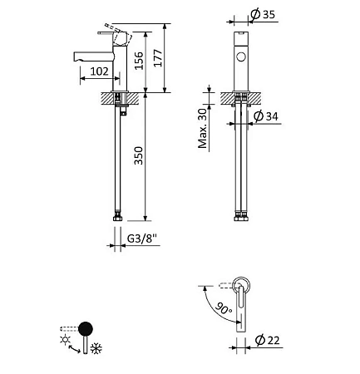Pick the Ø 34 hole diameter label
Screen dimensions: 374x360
(265, 116)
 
